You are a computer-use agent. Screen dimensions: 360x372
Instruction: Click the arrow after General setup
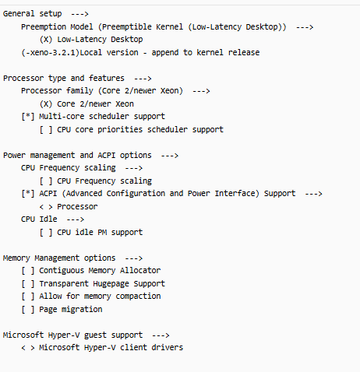point(79,14)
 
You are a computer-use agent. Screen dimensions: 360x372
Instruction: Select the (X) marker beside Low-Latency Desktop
point(46,40)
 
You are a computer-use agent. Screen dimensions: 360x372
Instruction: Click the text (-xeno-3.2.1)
point(50,52)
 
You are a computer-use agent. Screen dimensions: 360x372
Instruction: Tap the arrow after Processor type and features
point(143,79)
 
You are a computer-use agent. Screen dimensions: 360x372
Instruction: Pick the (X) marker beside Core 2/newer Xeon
point(46,104)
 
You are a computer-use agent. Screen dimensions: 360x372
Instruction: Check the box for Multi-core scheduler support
point(28,117)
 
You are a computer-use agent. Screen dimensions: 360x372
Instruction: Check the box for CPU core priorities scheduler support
point(46,129)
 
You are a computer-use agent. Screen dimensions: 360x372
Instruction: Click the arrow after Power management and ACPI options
point(170,156)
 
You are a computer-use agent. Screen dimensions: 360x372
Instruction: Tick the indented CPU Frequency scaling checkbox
point(46,181)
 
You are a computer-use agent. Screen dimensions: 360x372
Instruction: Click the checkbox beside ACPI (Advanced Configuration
point(28,194)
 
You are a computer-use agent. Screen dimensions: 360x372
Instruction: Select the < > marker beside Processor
point(46,207)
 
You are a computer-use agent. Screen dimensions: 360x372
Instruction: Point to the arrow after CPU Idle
point(76,219)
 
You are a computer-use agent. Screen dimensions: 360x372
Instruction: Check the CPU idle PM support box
point(46,232)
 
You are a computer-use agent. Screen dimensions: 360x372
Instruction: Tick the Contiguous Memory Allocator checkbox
point(28,271)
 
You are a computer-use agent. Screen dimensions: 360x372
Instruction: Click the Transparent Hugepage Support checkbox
point(28,283)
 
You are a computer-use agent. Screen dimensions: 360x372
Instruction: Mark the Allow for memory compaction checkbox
point(28,297)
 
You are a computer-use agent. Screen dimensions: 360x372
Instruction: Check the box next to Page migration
point(28,309)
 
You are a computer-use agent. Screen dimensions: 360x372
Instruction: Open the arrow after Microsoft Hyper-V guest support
point(161,335)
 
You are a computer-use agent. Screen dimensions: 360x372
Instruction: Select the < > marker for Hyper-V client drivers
point(28,348)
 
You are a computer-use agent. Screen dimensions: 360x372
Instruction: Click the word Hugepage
point(111,284)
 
